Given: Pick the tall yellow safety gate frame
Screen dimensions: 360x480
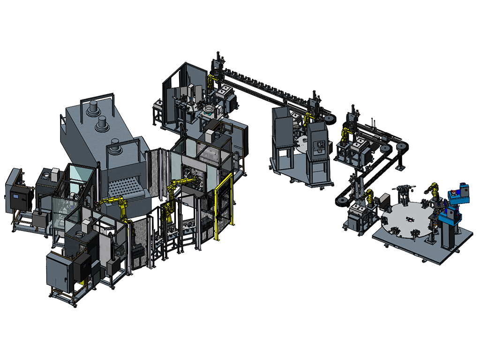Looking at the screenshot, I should (224, 206).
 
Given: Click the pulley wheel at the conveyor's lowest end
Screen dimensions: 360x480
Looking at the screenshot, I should (340, 202).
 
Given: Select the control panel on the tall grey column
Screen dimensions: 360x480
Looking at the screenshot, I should (320, 145).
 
